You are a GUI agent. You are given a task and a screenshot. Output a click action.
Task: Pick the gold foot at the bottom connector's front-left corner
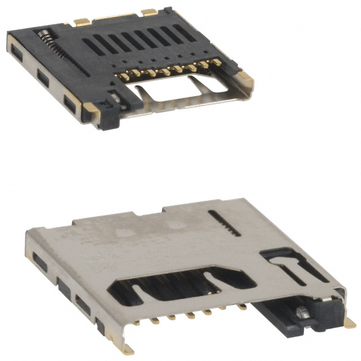point(127,345)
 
